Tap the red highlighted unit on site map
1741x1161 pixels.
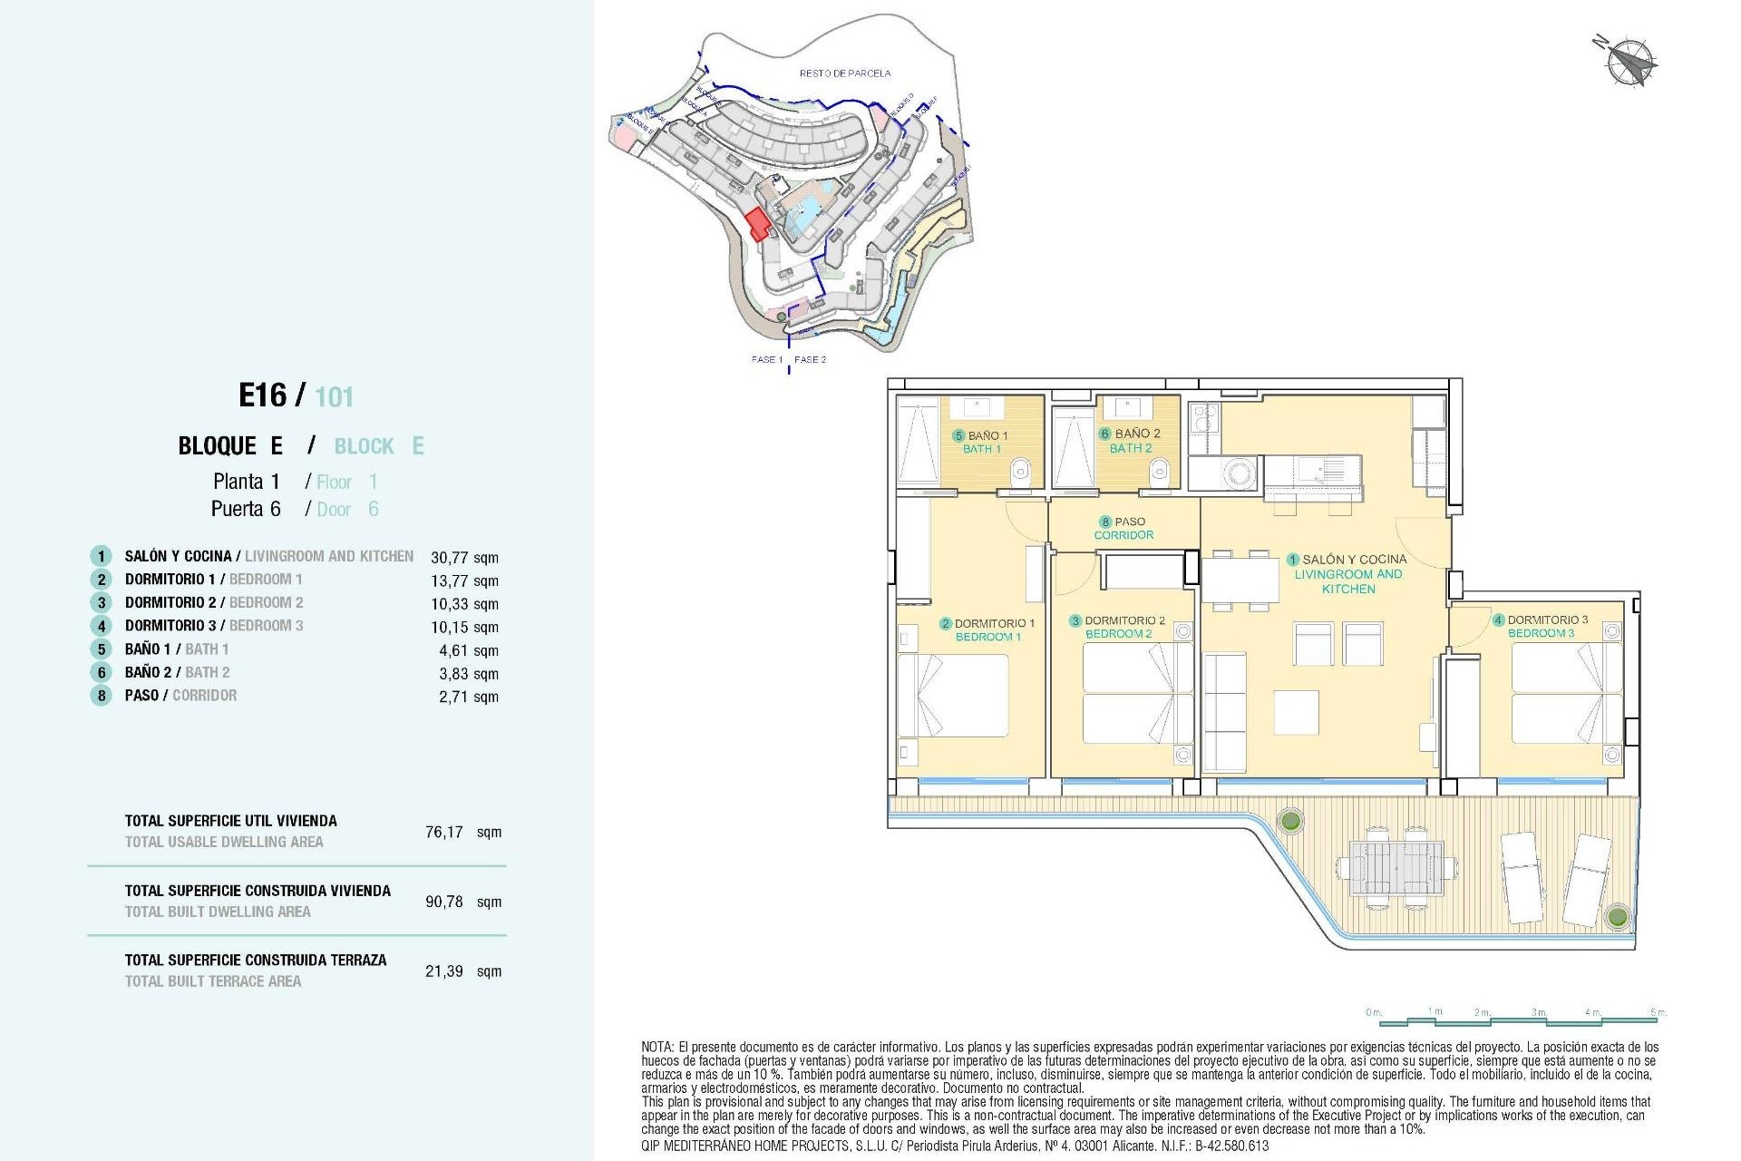tap(758, 223)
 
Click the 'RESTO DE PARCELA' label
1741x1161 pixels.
tap(844, 73)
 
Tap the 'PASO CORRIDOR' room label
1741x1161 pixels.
tap(1123, 528)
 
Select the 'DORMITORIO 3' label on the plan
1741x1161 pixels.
tap(1546, 620)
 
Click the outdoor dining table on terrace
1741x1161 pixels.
tap(1396, 868)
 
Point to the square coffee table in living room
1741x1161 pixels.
tap(1296, 712)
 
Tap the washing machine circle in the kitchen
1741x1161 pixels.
tap(1239, 472)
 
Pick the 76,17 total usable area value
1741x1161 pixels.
tap(444, 832)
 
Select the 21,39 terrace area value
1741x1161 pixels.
tap(444, 971)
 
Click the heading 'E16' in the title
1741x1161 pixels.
tap(262, 395)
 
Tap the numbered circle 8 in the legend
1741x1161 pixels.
tap(102, 696)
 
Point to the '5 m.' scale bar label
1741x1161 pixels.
tap(1658, 1012)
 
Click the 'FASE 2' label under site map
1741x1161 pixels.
tap(810, 360)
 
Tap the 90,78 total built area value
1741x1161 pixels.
tap(444, 902)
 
